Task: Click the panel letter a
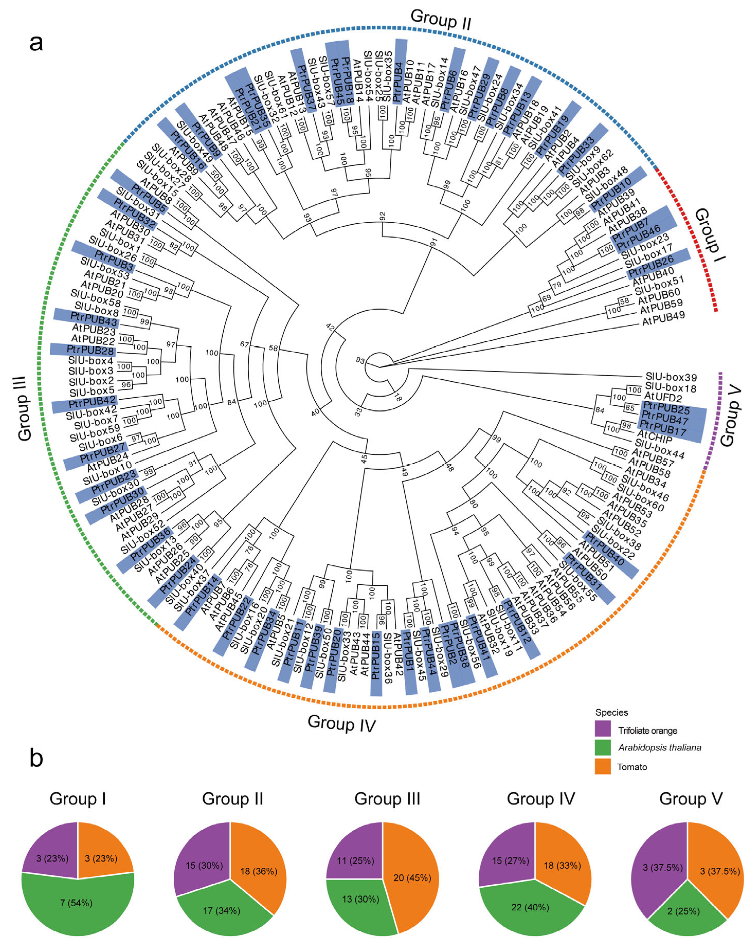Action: pos(36,43)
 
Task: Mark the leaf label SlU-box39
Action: pos(671,377)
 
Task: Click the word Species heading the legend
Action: pos(611,712)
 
